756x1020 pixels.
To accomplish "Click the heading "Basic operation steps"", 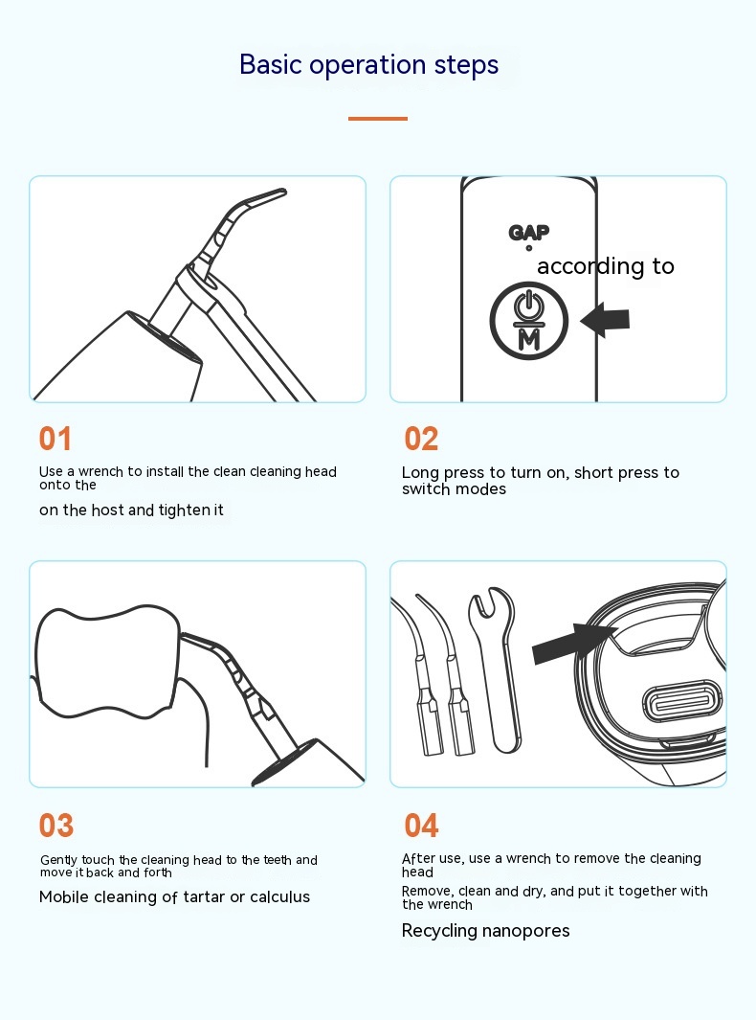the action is coord(368,65).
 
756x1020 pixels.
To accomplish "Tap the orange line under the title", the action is coord(378,119).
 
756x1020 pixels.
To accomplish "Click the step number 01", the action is coord(56,439).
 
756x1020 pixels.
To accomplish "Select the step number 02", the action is coord(421,439).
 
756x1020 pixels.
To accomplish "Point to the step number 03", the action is coord(56,826).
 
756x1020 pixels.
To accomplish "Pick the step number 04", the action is coord(421,826).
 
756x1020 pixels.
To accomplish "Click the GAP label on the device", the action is coord(528,232).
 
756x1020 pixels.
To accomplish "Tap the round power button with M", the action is coord(529,321).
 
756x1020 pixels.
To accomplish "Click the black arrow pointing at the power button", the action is coord(605,320).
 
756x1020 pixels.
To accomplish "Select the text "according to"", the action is coord(606,266).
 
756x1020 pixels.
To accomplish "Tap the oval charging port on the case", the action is coord(682,705).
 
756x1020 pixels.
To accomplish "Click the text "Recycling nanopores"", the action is coord(485,931).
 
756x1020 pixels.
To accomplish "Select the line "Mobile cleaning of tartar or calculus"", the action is coord(174,897).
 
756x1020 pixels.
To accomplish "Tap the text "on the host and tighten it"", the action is coord(131,510).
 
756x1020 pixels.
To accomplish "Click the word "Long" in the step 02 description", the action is coord(419,473).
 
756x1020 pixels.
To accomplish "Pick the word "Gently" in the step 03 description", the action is coord(58,861).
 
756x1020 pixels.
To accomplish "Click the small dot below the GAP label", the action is coord(529,248).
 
